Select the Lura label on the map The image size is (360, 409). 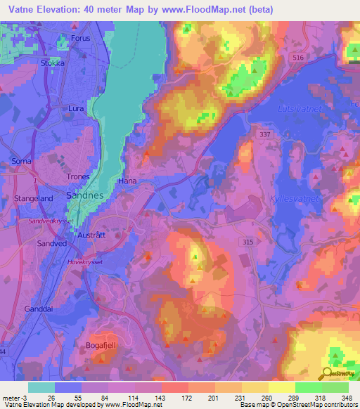click(76, 109)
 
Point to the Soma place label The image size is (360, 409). click(22, 161)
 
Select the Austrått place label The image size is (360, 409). click(91, 235)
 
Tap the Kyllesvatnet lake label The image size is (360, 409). click(294, 200)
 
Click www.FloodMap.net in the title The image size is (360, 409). click(206, 9)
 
